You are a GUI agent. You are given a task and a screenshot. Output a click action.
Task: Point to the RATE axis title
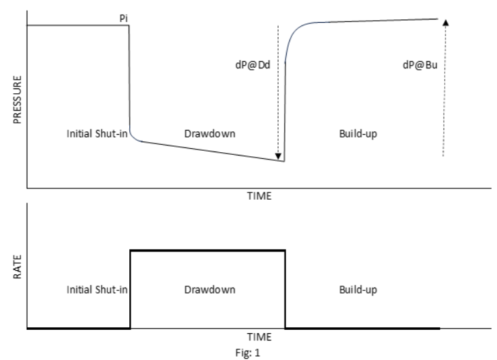click(17, 266)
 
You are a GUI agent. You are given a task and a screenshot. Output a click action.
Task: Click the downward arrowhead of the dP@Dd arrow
click(279, 159)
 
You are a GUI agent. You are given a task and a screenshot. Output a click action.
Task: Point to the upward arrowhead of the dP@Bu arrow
click(446, 21)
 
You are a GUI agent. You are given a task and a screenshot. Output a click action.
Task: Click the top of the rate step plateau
click(208, 250)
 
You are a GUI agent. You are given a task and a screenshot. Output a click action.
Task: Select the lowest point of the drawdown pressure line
click(284, 161)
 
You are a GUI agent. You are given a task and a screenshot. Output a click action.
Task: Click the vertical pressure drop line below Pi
click(129, 80)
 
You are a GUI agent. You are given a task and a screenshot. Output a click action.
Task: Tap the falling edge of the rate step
click(286, 288)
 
